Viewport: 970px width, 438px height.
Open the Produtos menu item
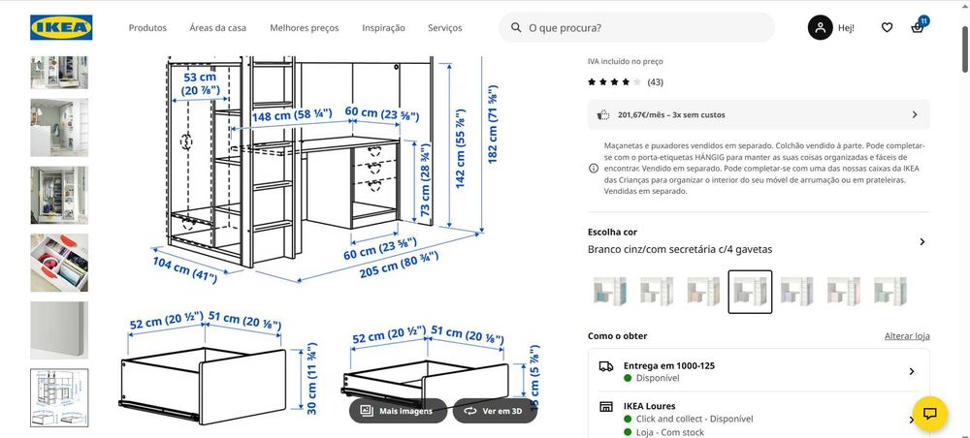click(x=147, y=28)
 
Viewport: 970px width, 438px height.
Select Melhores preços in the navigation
click(x=305, y=28)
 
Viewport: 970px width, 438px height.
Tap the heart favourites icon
click(x=887, y=28)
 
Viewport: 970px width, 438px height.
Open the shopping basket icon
click(x=918, y=28)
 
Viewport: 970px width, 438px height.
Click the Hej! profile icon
click(x=821, y=28)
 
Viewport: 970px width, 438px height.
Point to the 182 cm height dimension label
click(x=493, y=129)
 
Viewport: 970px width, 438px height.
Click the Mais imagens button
click(x=398, y=411)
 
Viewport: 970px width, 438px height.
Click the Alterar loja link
click(x=907, y=336)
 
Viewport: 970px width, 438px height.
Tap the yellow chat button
click(x=929, y=414)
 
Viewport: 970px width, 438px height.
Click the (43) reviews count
click(x=655, y=82)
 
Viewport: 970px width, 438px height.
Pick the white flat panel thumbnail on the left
click(x=59, y=329)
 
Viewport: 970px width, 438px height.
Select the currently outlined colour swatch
click(x=750, y=292)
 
